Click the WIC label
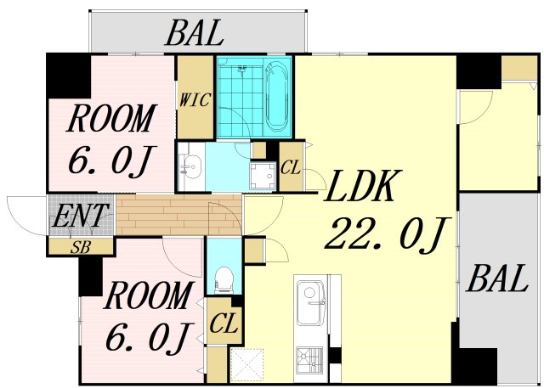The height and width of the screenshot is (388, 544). click(x=195, y=100)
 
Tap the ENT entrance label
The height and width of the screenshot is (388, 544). click(x=79, y=215)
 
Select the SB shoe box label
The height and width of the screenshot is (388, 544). click(x=81, y=247)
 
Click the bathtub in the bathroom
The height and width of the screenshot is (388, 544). click(x=275, y=97)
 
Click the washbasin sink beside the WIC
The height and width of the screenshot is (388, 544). click(x=191, y=167)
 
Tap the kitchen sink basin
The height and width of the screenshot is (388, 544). click(x=310, y=302)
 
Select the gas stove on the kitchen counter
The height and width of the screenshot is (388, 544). click(x=309, y=357)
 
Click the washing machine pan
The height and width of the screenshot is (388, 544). click(x=263, y=176)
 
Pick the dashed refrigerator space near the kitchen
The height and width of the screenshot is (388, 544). click(x=246, y=365)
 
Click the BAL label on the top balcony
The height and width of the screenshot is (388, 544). click(x=195, y=33)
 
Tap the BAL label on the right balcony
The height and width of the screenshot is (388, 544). click(x=498, y=278)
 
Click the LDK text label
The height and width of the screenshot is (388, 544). click(x=363, y=186)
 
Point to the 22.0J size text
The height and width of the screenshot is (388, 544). click(x=387, y=233)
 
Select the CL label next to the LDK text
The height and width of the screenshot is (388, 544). click(x=291, y=168)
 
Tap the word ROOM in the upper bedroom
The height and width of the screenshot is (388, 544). click(x=111, y=118)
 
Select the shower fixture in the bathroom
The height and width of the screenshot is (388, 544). click(x=243, y=69)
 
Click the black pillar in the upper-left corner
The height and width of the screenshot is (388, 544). click(x=68, y=76)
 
